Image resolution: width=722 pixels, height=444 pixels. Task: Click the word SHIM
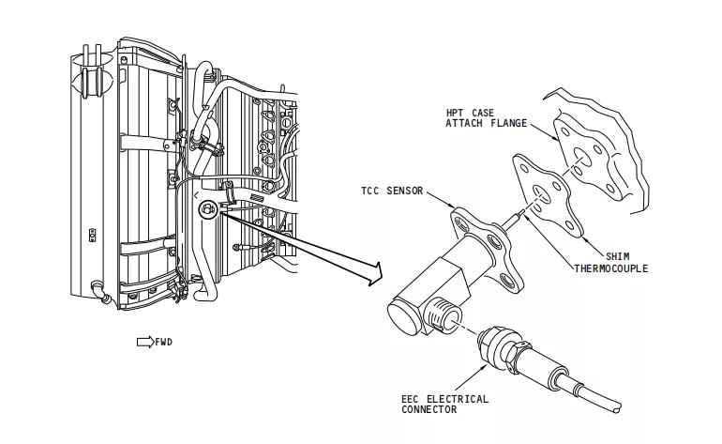coord(617,256)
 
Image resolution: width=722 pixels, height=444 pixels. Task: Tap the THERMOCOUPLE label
coord(610,268)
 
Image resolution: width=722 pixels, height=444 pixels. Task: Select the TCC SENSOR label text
coord(391,191)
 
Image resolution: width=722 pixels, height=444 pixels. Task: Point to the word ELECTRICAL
coord(457,399)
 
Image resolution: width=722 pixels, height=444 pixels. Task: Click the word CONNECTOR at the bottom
coord(429,409)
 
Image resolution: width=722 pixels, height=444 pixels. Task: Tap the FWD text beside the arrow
coord(163,342)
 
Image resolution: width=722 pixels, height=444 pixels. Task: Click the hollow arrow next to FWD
coord(144,342)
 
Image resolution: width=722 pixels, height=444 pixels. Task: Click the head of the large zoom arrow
coord(375,274)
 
